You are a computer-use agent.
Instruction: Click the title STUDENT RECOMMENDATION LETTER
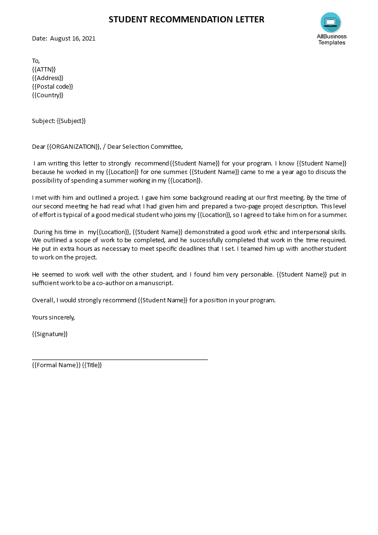point(186,20)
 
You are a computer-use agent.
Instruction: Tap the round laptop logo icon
point(331,22)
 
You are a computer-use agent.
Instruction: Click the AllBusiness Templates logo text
point(332,40)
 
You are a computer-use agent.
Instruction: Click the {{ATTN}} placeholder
point(44,69)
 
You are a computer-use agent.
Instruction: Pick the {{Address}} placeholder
point(48,78)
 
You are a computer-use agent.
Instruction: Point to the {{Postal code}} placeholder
point(52,86)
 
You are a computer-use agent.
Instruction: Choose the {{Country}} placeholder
point(48,95)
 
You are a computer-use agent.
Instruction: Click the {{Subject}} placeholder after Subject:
point(71,121)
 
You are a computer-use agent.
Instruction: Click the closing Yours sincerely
point(53,317)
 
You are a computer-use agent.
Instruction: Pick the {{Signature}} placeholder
point(50,334)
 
